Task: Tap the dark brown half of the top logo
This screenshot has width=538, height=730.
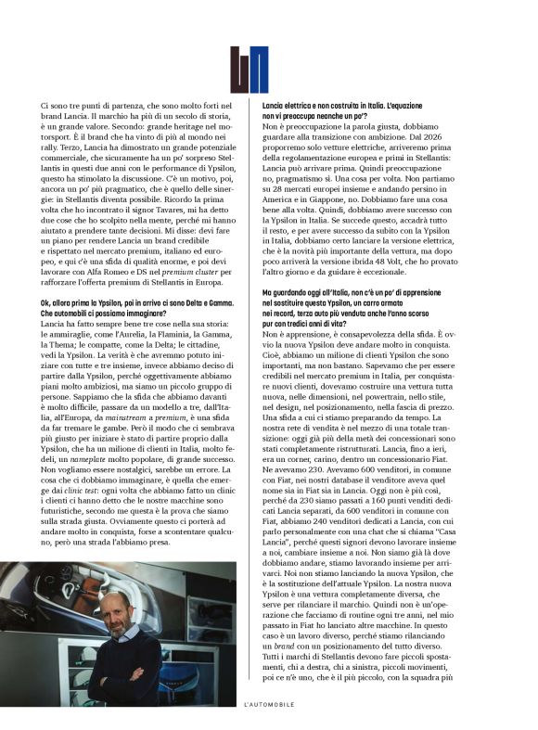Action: pyautogui.click(x=240, y=70)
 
